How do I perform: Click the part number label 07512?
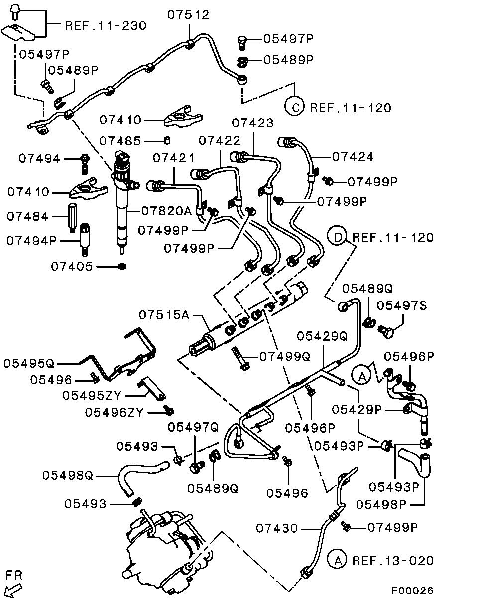point(188,15)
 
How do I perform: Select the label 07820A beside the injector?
point(166,211)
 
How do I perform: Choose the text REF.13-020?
point(393,560)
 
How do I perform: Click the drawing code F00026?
point(412,591)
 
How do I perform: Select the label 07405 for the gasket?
point(72,267)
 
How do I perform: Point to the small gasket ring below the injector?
point(121,267)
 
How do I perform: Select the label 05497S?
point(402,305)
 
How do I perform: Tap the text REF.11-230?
point(106,26)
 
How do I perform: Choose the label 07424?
point(353,157)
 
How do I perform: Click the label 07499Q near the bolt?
point(285,356)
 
